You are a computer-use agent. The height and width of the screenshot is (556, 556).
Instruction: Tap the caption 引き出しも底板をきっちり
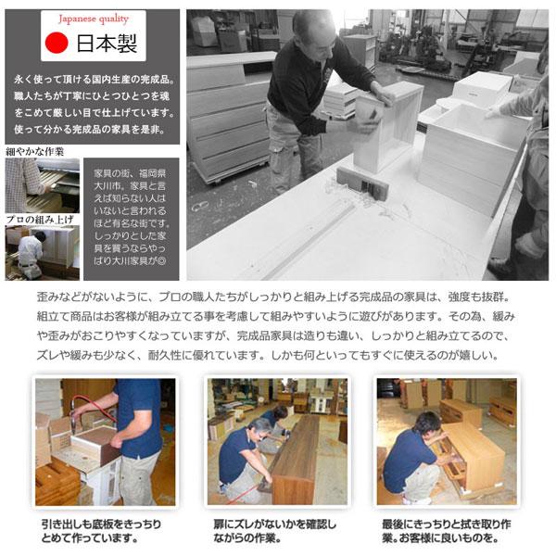coord(102,524)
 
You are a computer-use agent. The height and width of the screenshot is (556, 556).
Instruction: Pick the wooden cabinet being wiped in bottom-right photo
coord(473,454)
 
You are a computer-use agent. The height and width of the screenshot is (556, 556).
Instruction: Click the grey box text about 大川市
coord(133,218)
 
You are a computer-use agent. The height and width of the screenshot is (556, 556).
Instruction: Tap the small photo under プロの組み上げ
coord(42,252)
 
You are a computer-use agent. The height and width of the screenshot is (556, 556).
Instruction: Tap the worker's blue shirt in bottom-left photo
coord(139,417)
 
